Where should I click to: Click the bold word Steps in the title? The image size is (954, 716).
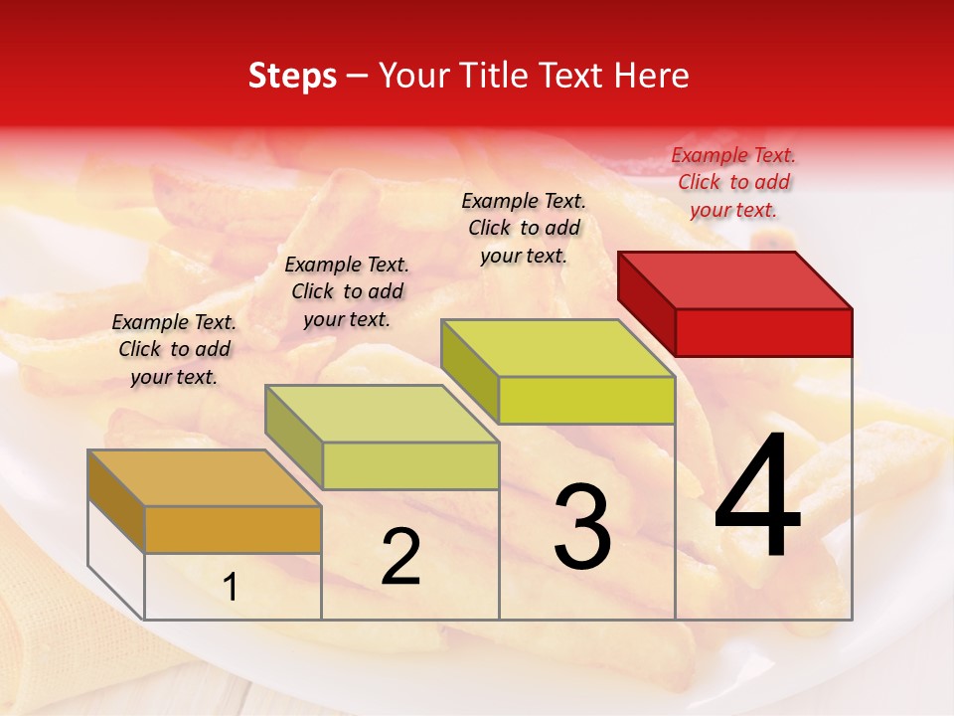[x=292, y=76]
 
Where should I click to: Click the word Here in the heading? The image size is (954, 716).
[x=652, y=76]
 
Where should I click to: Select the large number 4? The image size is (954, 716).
[x=758, y=497]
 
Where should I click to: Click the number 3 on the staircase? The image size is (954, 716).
[x=582, y=526]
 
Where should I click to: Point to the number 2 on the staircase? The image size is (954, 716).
[x=400, y=556]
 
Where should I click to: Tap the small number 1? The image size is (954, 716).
[x=231, y=588]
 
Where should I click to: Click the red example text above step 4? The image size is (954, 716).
[x=733, y=182]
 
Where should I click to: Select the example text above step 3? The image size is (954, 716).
[x=524, y=228]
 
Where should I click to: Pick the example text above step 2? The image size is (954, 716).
[x=347, y=291]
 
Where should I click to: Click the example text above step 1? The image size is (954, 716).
[x=174, y=349]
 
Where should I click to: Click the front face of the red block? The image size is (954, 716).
[x=763, y=332]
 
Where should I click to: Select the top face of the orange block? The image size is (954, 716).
[x=204, y=477]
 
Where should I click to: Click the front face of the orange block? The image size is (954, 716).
[x=233, y=529]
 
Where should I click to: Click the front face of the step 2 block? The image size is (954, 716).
[x=410, y=465]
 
